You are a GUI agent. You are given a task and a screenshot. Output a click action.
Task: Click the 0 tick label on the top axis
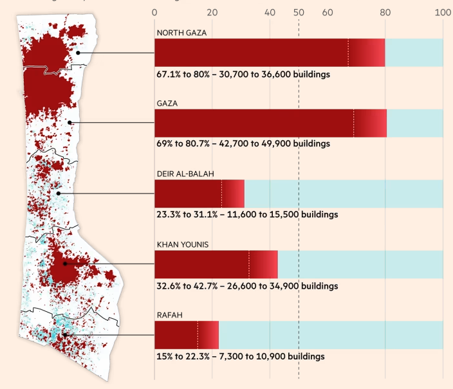tap(154, 12)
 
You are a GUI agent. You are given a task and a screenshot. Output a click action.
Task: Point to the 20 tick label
tap(212, 12)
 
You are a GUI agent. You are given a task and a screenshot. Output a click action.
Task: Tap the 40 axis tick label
tap(270, 12)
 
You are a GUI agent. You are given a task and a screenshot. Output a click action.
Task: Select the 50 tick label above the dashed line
tap(299, 12)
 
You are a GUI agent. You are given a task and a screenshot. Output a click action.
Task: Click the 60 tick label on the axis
tap(328, 12)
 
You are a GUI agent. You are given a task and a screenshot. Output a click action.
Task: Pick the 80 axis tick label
tap(385, 12)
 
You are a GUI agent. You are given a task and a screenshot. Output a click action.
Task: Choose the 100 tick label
tap(443, 12)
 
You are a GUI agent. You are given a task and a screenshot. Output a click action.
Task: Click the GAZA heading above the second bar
tap(167, 104)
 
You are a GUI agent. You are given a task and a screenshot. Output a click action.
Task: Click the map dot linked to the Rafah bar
tap(65, 335)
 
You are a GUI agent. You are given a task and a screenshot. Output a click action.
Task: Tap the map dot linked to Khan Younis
tap(65, 264)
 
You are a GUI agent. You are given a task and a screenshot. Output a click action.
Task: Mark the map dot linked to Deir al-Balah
tap(59, 193)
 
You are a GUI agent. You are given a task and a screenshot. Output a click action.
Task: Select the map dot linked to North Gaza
tap(78, 53)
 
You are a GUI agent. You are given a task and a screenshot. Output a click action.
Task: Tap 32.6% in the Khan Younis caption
tap(169, 285)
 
